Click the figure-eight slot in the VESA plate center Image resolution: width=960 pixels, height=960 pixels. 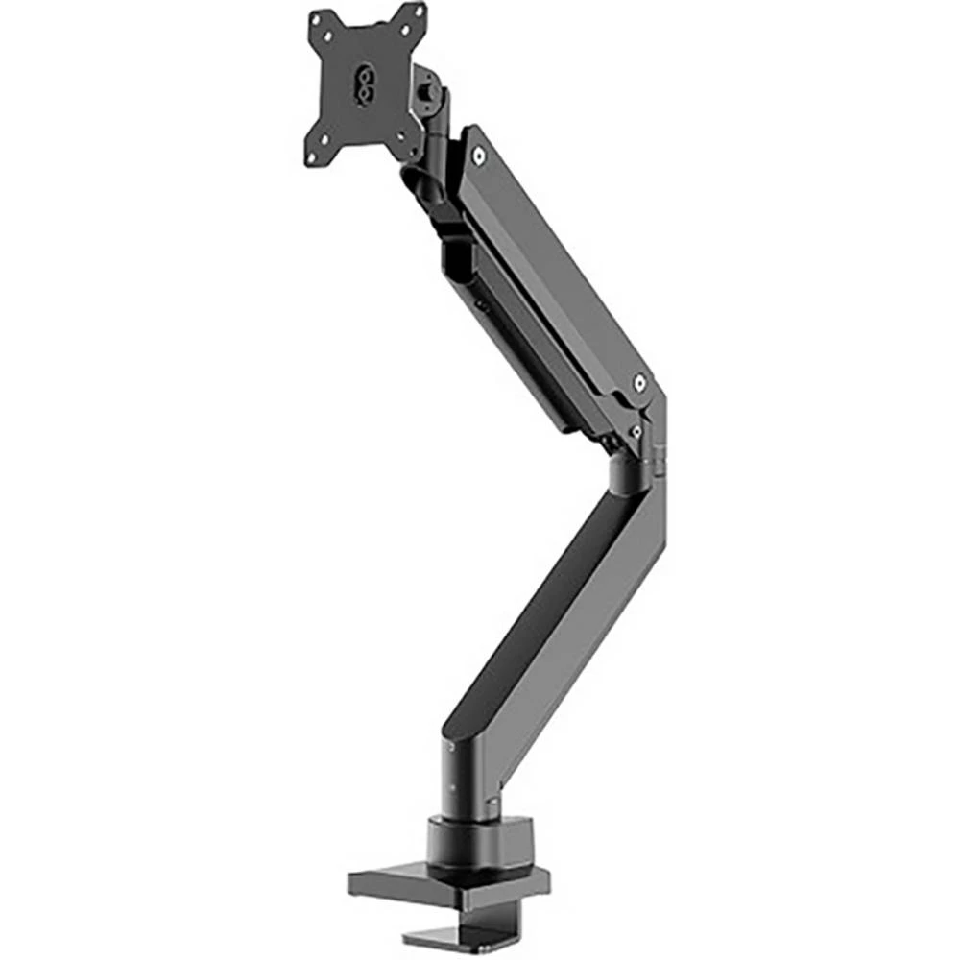366,83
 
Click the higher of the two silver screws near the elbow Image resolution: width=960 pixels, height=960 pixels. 639,385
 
